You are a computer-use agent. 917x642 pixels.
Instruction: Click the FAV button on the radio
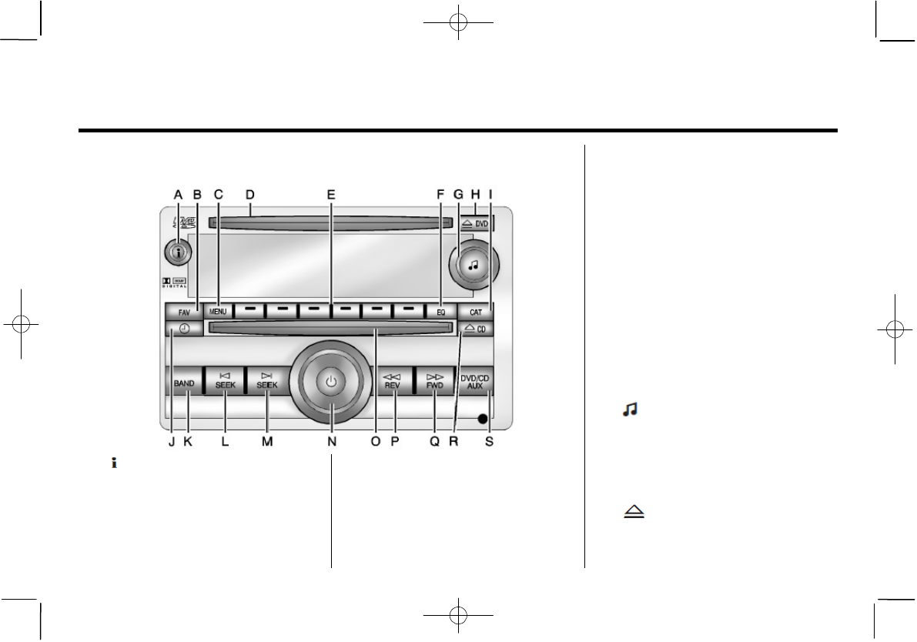click(183, 313)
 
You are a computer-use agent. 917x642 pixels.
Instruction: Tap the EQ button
click(440, 312)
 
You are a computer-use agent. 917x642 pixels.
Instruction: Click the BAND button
click(184, 383)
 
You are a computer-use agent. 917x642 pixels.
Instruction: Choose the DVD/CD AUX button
click(475, 382)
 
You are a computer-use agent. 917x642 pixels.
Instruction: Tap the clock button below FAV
click(184, 329)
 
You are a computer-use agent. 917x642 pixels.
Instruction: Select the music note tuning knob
click(473, 263)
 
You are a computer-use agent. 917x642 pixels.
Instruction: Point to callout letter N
click(332, 442)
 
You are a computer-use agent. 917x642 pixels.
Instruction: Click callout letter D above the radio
click(249, 195)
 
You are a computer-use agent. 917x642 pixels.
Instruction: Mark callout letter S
click(490, 442)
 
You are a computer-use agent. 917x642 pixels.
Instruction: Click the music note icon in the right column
click(630, 413)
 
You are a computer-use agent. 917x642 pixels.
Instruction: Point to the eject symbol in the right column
click(633, 512)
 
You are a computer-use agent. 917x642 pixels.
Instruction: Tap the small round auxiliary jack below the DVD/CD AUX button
click(482, 419)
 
